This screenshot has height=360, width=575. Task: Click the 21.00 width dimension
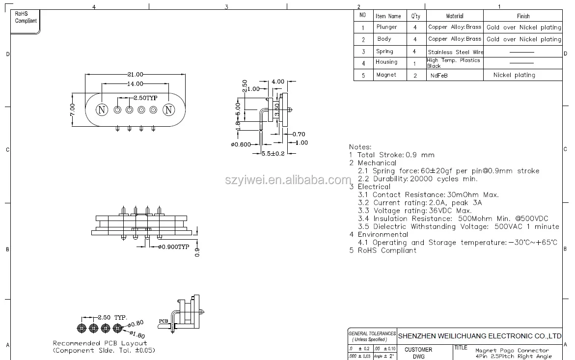[136, 74]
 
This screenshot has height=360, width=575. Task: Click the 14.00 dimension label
[136, 84]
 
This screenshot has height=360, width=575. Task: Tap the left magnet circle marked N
[102, 110]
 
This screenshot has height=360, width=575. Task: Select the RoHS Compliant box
[26, 18]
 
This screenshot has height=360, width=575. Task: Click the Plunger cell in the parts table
[386, 27]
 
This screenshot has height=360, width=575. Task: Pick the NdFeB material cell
[439, 76]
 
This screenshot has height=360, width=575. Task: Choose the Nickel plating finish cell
[514, 75]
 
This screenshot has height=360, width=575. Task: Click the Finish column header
[523, 16]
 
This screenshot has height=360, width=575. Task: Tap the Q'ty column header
[415, 16]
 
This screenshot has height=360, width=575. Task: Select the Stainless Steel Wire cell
[455, 52]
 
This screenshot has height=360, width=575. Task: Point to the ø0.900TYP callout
[173, 247]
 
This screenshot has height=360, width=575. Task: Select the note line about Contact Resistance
[428, 194]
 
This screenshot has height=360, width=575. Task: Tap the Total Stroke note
[392, 155]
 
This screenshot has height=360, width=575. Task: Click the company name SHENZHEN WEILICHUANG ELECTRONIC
[479, 336]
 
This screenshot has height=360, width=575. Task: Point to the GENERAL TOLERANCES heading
[372, 333]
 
